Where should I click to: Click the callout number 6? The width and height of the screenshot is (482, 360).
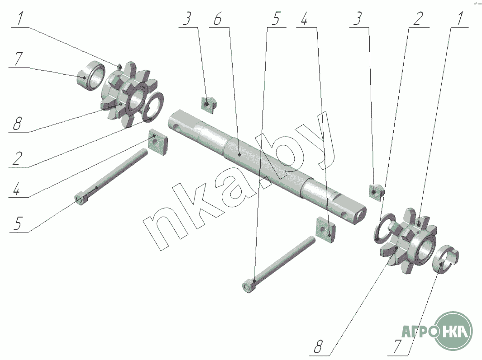218,19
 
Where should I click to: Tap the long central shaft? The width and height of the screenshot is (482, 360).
267,166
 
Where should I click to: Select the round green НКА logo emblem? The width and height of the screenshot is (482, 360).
455,331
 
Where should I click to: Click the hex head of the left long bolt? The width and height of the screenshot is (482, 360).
81,199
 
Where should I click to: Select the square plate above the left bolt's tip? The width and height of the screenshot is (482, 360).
157,142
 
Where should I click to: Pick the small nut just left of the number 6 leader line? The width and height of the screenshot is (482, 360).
209,103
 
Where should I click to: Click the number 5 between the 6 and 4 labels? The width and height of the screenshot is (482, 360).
276,19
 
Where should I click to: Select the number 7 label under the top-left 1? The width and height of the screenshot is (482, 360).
18,59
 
